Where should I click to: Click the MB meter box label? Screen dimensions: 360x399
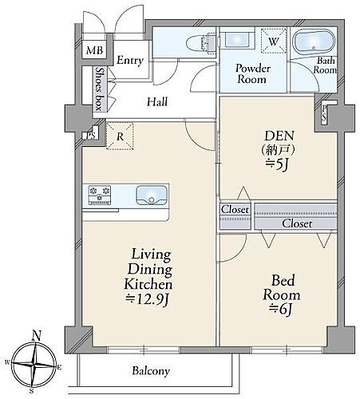point(94,50)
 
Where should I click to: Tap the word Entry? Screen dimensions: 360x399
point(130,61)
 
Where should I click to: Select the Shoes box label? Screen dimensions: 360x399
point(100,89)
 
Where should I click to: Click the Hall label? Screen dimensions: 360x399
point(157,101)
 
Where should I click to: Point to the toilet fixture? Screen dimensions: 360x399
point(201,42)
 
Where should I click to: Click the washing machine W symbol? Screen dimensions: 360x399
point(274,41)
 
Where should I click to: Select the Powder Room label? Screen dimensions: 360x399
point(252,73)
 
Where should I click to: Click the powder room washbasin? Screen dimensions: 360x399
point(236,39)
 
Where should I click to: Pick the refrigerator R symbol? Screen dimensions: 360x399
point(120,136)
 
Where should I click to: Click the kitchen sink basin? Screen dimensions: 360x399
point(152,196)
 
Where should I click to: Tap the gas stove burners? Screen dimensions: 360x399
point(100,195)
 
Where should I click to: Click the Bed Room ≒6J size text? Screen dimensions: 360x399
point(281,310)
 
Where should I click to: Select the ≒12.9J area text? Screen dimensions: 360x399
point(147,300)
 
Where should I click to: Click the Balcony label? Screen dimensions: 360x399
point(151,371)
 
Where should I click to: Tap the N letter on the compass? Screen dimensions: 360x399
point(36,336)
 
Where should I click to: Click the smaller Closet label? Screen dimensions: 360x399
point(235,209)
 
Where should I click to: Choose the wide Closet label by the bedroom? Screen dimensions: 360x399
point(297,223)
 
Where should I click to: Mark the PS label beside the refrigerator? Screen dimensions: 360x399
point(91,136)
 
